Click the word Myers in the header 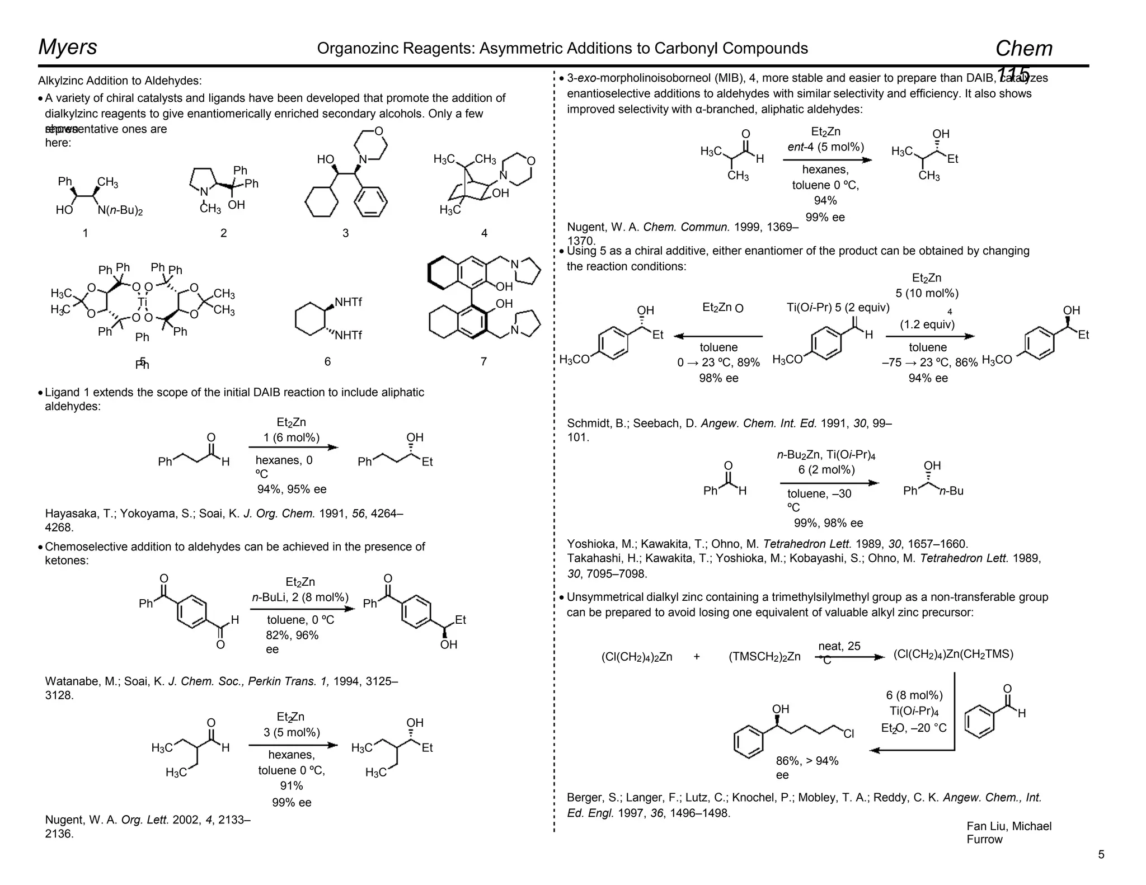[x=68, y=47]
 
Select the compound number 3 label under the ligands [x=345, y=233]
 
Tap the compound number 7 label [x=483, y=361]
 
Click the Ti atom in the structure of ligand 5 [x=142, y=302]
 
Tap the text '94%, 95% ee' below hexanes [x=292, y=489]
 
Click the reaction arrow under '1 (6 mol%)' [x=293, y=448]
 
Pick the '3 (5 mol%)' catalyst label [x=292, y=732]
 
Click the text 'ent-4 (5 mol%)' [x=825, y=147]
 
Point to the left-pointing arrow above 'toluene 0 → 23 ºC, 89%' [x=718, y=336]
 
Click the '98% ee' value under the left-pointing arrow [x=718, y=378]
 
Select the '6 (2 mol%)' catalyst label [x=826, y=469]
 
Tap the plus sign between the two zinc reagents [x=697, y=657]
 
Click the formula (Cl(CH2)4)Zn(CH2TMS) [x=954, y=654]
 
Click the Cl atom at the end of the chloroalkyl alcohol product [x=849, y=733]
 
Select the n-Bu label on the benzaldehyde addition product [x=951, y=491]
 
